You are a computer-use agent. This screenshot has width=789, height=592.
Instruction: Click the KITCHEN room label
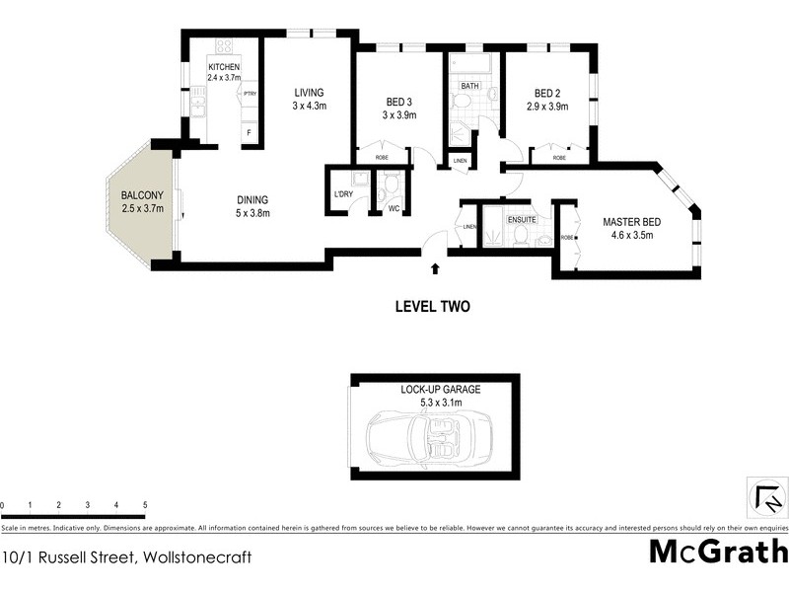[223, 67]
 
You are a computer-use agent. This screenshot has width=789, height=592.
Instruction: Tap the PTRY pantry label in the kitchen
[250, 94]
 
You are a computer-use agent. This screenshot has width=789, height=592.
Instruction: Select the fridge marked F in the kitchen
[250, 131]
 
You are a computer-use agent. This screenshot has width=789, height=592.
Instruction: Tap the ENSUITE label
[521, 219]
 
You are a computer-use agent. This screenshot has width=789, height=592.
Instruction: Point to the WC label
[393, 208]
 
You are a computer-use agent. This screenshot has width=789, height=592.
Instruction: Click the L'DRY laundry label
[343, 193]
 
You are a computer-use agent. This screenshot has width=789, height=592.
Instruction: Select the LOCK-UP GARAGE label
[440, 390]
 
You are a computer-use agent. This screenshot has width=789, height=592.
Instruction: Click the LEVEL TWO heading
[432, 306]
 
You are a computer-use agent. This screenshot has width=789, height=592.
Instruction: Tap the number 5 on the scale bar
[145, 505]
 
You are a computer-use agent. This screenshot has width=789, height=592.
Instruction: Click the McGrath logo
[718, 551]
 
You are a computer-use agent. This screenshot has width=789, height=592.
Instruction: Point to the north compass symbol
[767, 496]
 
